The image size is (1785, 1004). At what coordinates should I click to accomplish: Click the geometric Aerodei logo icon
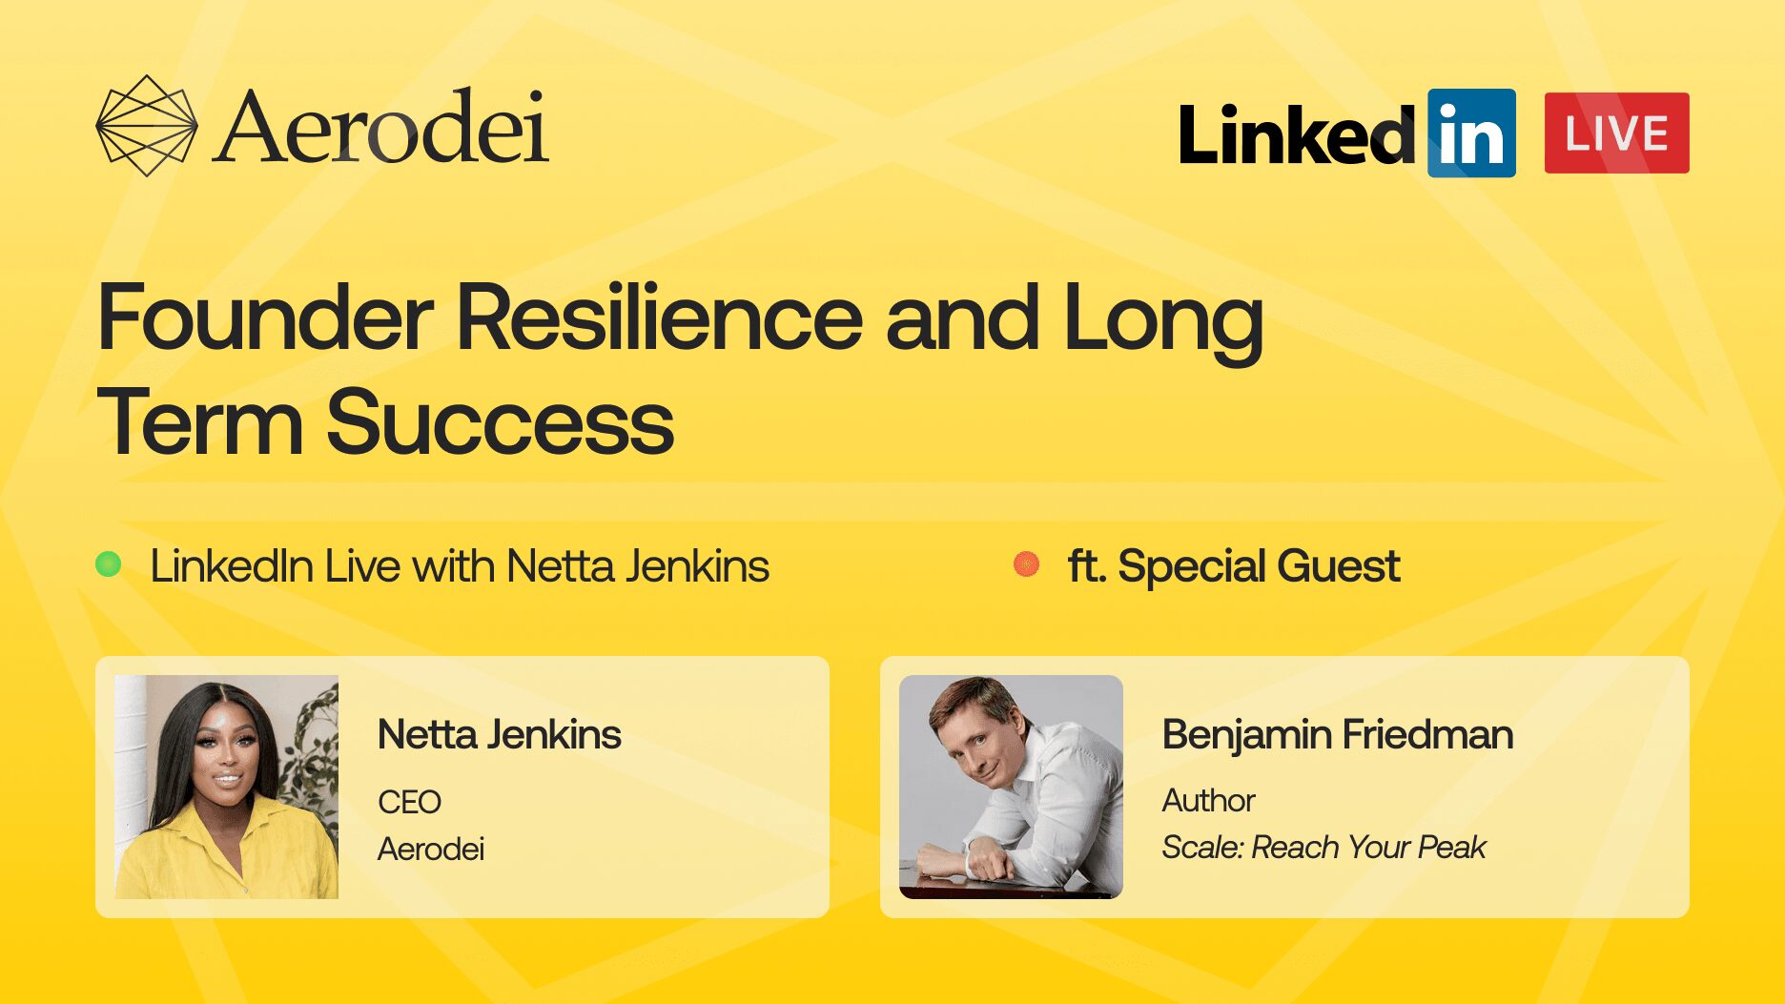[147, 126]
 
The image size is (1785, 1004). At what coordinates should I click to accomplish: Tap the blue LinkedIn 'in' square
[1471, 133]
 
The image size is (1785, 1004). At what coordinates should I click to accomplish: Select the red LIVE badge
[1616, 133]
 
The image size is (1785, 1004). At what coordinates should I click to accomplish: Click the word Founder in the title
[266, 318]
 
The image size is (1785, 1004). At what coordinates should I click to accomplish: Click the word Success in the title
[501, 422]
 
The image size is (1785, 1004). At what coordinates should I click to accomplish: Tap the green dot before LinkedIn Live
[109, 564]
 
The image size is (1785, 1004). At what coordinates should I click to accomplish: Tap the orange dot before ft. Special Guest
[1026, 564]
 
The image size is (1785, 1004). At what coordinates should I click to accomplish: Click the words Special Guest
[1259, 566]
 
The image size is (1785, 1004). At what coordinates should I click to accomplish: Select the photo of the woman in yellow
[227, 787]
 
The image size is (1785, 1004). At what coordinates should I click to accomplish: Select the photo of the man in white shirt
[1011, 787]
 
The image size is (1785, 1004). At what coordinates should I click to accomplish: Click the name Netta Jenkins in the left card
[500, 735]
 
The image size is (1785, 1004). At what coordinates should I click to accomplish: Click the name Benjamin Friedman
[1338, 735]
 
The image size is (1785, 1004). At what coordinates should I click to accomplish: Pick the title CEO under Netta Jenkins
[410, 802]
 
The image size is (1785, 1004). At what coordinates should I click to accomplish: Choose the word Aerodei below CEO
[431, 849]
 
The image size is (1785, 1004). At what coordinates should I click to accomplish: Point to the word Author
[1209, 800]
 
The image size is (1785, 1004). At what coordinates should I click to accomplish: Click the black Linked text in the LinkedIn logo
[1298, 134]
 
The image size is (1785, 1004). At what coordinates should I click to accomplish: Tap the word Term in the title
[200, 422]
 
